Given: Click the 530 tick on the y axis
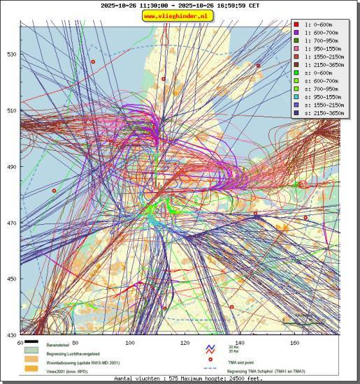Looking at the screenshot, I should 11,54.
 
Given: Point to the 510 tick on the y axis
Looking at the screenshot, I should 11,110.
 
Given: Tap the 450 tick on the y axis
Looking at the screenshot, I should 11,279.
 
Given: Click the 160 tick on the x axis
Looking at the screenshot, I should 295,344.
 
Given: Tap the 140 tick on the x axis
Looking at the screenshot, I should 240,344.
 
